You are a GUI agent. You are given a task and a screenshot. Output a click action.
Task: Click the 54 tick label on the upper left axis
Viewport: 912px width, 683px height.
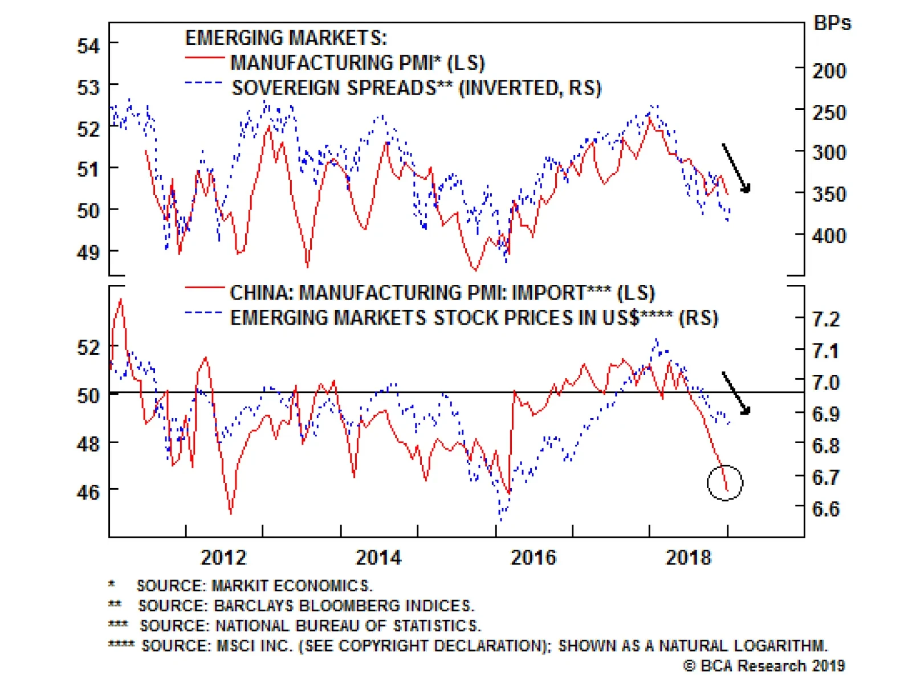tap(88, 46)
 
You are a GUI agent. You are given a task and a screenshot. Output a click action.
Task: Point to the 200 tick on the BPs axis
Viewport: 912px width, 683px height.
tap(829, 71)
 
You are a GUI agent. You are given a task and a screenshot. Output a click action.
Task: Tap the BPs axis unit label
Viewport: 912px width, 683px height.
tap(832, 23)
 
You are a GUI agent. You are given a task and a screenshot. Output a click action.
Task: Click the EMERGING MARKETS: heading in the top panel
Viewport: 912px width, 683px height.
tap(286, 38)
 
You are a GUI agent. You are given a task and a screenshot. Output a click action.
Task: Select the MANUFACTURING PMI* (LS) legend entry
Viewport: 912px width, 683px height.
tap(357, 63)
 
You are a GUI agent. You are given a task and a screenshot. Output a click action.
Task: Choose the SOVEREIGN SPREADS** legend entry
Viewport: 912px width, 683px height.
tap(416, 88)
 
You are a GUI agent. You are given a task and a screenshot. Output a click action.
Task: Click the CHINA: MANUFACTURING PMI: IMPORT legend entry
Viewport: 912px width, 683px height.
tap(442, 293)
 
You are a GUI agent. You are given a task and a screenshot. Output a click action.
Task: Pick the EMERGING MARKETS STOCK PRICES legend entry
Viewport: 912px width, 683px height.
tap(474, 318)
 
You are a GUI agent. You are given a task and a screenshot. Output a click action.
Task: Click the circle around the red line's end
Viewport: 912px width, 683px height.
tap(725, 483)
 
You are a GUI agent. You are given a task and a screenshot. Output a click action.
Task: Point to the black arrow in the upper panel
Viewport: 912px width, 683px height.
tap(736, 168)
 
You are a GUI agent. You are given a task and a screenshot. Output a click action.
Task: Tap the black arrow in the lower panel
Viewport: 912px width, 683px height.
tap(736, 393)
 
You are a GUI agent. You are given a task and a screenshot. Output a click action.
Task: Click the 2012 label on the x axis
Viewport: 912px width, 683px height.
tap(223, 557)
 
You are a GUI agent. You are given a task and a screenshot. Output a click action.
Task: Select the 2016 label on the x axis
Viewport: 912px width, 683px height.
tap(533, 557)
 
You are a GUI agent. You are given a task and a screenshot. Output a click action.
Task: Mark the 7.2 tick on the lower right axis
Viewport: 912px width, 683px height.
tap(826, 319)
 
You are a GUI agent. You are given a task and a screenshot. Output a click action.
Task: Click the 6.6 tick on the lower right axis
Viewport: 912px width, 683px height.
tap(826, 509)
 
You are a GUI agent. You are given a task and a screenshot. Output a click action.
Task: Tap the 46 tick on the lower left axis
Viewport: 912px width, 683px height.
tap(88, 492)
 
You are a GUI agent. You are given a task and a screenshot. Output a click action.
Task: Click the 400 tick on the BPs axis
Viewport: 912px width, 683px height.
tap(829, 235)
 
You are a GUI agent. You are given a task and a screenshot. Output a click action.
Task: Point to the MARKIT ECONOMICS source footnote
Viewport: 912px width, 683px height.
tap(254, 586)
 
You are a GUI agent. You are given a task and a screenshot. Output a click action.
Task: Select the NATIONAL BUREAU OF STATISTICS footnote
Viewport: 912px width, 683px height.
tap(310, 625)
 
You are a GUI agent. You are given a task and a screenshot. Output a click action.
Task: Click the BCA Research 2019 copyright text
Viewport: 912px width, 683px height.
tap(764, 665)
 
